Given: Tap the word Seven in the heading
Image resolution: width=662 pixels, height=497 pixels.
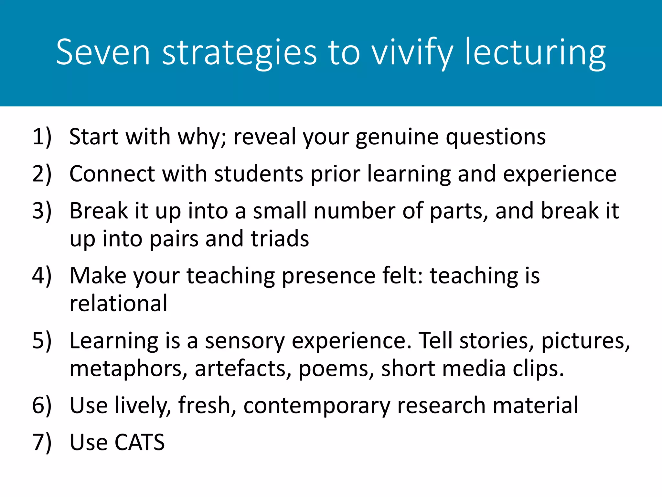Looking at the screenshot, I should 103,52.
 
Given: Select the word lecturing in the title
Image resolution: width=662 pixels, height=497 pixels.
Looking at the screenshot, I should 535,52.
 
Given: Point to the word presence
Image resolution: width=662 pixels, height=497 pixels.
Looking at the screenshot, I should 328,276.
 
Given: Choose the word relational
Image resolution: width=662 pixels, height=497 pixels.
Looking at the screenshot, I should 119,304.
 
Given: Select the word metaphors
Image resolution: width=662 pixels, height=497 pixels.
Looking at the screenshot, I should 128,369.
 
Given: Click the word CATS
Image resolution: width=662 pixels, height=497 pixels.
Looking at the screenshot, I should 140,443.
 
